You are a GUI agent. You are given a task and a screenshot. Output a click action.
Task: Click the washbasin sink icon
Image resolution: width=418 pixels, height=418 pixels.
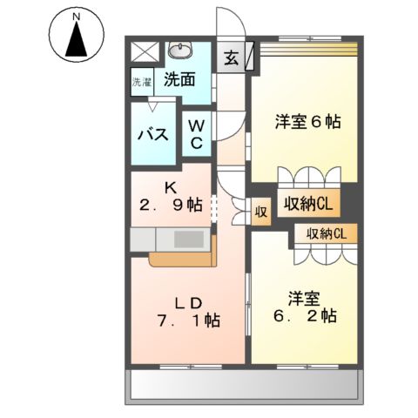[181, 50]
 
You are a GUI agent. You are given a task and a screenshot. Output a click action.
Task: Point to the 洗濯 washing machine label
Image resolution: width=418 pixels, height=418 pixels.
[141, 84]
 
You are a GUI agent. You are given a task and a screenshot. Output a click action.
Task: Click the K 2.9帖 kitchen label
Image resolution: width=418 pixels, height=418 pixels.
[172, 197]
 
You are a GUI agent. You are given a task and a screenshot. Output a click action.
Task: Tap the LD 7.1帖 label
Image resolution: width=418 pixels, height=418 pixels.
[188, 311]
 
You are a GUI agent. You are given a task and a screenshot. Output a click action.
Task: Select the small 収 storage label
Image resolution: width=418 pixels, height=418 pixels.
[260, 212]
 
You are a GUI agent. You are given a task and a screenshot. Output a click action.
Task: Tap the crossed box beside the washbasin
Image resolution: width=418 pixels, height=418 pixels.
[145, 50]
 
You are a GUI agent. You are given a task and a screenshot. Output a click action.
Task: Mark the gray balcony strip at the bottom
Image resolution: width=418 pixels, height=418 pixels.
[244, 384]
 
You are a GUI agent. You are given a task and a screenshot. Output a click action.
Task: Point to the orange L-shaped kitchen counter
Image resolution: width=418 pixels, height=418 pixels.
[179, 258]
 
